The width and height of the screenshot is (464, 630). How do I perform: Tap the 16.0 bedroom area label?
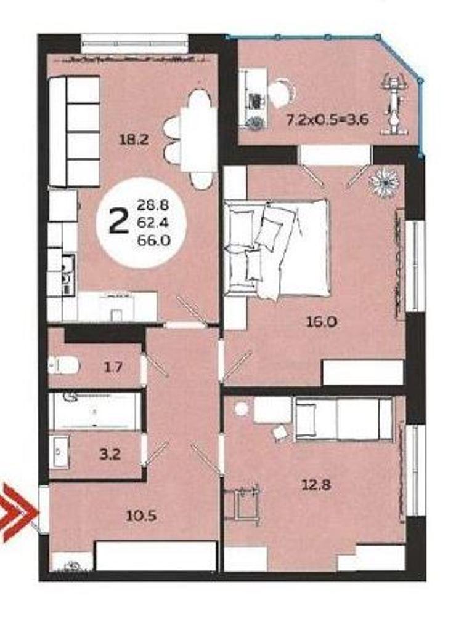click(322, 321)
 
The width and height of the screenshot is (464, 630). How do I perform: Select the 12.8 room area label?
click(317, 485)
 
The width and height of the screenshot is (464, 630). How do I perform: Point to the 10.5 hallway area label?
click(141, 516)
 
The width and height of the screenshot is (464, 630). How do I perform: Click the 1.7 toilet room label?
click(113, 367)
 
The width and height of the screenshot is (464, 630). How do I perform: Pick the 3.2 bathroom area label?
click(110, 455)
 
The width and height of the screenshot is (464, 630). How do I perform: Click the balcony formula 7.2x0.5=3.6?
click(327, 119)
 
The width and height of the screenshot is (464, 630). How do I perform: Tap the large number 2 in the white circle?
click(118, 222)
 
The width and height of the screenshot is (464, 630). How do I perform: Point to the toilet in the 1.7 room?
click(63, 365)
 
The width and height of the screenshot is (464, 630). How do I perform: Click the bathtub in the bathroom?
click(95, 412)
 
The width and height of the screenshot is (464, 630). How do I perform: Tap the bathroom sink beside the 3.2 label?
click(59, 452)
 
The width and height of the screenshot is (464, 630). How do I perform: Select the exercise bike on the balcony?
click(393, 103)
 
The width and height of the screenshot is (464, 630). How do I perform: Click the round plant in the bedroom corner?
click(385, 182)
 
